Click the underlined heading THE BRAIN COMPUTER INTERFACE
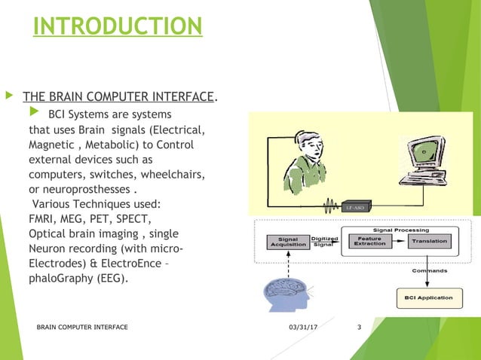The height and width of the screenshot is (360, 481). pos(119,96)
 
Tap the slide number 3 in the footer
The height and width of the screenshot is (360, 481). pos(360,327)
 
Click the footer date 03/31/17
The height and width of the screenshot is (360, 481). pos(302,327)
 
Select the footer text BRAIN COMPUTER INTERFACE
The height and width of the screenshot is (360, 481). pos(82,327)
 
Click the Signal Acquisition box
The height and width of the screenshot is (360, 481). pos(287,241)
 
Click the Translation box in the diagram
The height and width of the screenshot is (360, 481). pos(428,241)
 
